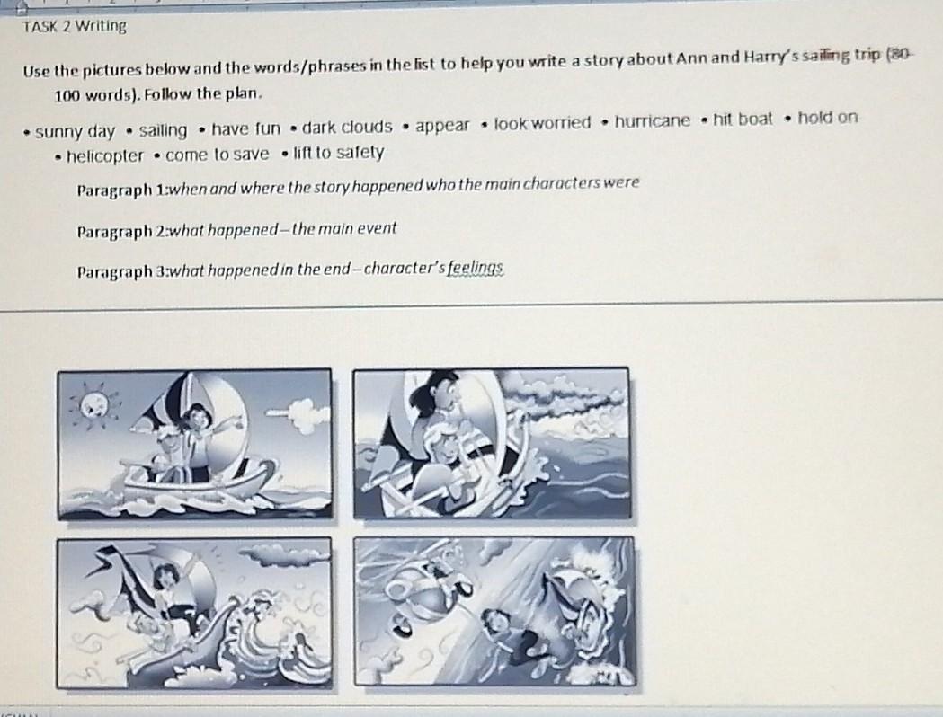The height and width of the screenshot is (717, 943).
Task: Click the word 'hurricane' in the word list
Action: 652,121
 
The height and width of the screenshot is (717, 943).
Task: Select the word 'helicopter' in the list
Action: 104,156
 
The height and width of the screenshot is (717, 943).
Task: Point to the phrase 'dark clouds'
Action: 346,127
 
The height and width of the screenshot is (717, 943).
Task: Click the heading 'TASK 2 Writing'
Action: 75,26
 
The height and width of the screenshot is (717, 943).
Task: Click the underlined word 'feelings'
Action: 476,268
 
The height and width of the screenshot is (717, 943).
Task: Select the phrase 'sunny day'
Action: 75,131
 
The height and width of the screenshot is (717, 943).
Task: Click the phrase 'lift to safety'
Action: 338,153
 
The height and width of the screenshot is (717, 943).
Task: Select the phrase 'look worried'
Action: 542,124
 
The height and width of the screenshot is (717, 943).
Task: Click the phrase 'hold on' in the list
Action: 828,118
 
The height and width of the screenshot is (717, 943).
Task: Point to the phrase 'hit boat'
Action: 743,119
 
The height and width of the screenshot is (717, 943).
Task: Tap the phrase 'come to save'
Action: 218,155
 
